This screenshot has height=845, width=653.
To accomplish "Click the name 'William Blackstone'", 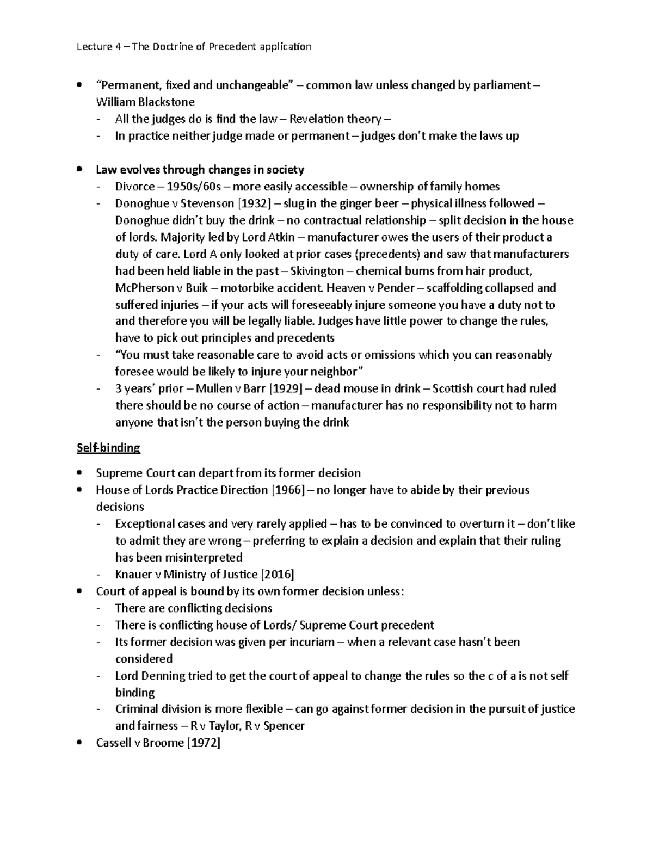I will coord(145,102).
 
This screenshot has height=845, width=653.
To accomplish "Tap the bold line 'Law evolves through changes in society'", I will coord(200,170).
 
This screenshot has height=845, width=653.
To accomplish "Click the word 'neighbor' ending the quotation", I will coord(331,372).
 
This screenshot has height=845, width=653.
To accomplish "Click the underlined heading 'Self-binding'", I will coord(109,448).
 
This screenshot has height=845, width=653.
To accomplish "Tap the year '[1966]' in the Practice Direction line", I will coord(287,490).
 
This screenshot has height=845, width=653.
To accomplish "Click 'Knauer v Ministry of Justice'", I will coord(186,575).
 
